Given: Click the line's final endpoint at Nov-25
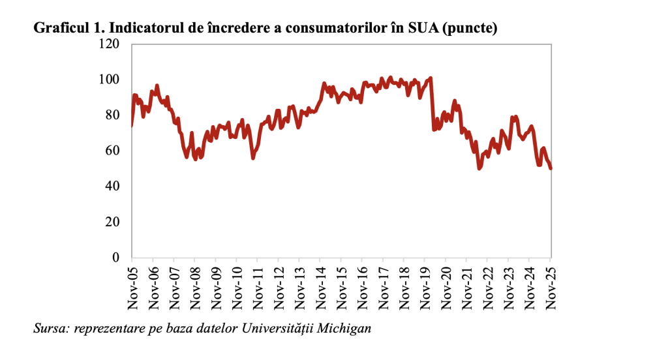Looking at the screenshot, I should pos(551,168).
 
